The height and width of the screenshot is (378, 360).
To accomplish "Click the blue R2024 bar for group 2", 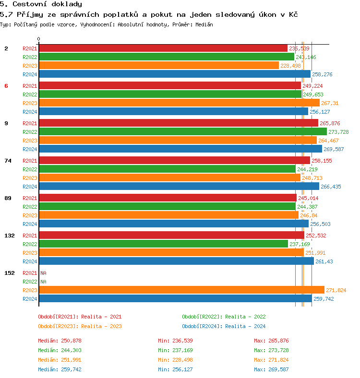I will [174, 74].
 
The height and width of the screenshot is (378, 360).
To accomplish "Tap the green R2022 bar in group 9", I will [182, 131].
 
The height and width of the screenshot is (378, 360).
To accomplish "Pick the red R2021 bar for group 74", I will [174, 160].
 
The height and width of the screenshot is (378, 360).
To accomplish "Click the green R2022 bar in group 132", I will [163, 244].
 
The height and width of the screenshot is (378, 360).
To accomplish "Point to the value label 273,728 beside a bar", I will [338, 132].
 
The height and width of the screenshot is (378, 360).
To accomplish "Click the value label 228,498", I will [290, 66].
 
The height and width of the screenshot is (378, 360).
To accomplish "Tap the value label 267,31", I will [330, 103].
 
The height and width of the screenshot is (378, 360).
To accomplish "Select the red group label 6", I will [6, 86].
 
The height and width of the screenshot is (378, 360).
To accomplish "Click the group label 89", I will [8, 198].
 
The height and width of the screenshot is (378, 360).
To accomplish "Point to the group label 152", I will [10, 273].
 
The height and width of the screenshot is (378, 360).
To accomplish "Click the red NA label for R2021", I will [43, 273].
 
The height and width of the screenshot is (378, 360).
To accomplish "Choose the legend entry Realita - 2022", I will [224, 317].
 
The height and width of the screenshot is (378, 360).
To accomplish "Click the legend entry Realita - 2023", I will [80, 326].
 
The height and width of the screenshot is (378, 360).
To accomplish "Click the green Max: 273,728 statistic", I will [271, 350].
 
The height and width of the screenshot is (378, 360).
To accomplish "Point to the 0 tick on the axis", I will [39, 39].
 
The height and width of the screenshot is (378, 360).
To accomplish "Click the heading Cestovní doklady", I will [41, 4].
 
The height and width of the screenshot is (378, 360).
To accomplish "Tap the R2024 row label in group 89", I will [30, 224].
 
